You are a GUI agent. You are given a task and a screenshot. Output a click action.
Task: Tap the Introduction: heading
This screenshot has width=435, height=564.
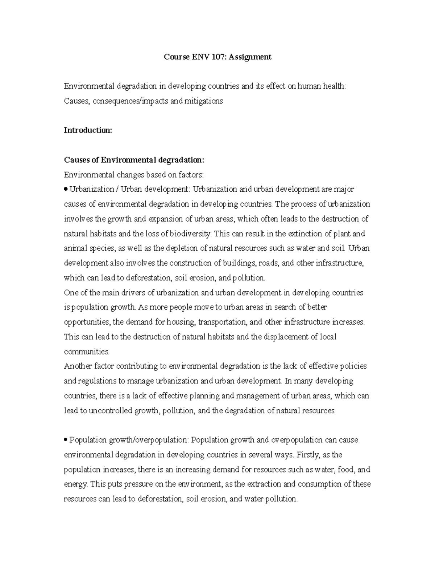pos(88,130)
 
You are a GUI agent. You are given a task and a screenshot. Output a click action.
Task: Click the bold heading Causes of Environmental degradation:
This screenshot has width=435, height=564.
pos(134,160)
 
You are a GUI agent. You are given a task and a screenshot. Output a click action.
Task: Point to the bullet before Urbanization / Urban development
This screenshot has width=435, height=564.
pos(66,189)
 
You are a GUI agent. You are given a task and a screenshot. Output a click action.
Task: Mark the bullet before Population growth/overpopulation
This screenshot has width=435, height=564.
pos(66,440)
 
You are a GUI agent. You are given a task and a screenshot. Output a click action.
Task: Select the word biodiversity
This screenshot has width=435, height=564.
pos(191,234)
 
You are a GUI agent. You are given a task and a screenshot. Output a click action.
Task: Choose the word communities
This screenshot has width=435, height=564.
pos(86,352)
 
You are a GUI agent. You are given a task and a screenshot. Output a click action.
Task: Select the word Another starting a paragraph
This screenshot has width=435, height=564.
pos(78,366)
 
